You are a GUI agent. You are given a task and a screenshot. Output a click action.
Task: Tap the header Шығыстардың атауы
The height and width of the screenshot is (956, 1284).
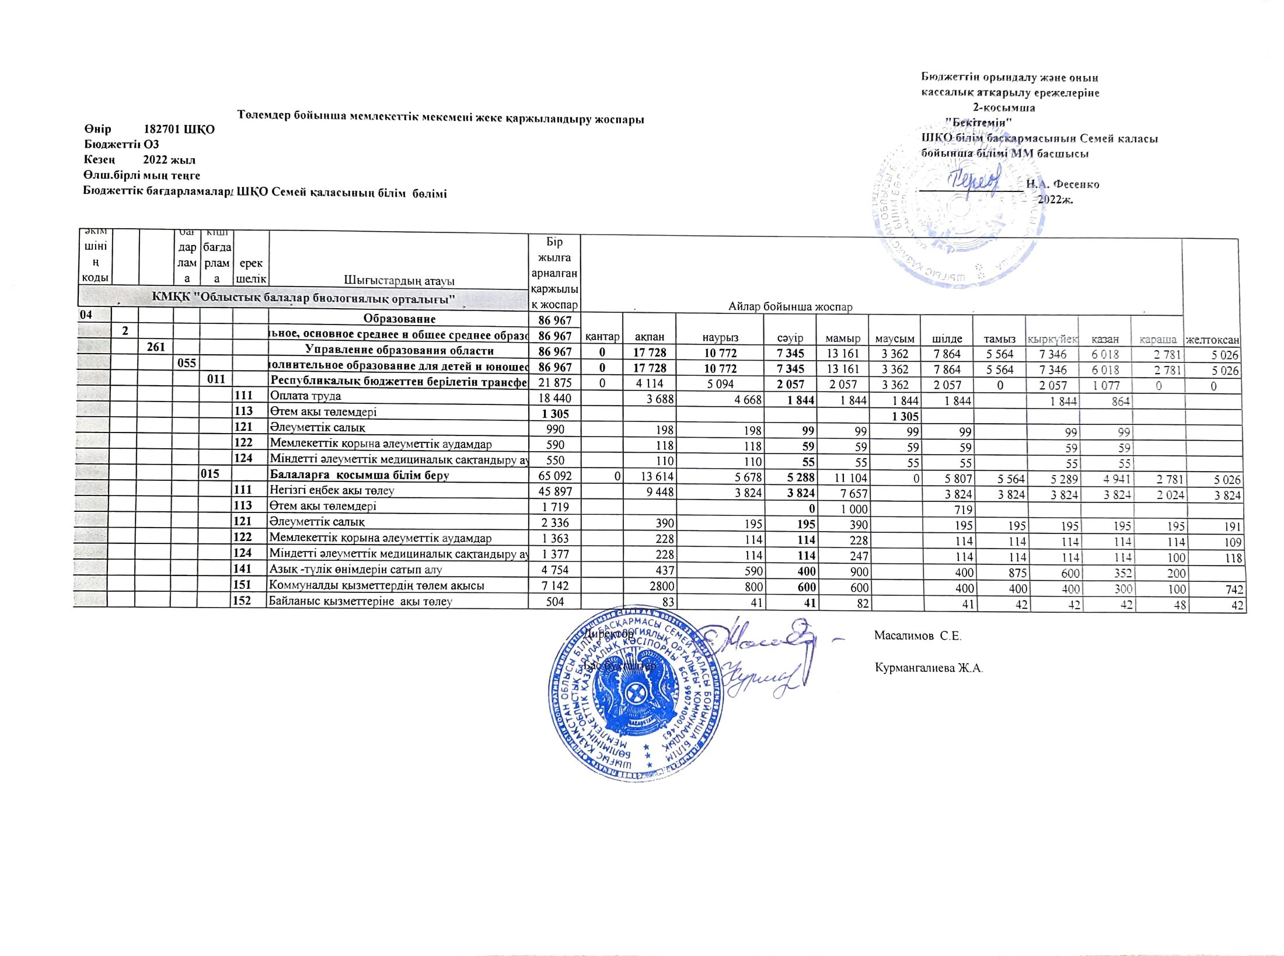click(x=399, y=281)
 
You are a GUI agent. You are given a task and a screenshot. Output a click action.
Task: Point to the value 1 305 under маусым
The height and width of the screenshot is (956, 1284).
click(x=905, y=416)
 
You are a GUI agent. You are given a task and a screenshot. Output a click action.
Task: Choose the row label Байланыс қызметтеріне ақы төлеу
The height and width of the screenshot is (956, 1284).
click(x=361, y=601)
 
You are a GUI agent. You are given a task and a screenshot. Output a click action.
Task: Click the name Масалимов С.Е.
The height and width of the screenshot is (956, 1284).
click(x=918, y=636)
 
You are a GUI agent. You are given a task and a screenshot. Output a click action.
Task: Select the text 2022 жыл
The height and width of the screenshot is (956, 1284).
click(x=170, y=160)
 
